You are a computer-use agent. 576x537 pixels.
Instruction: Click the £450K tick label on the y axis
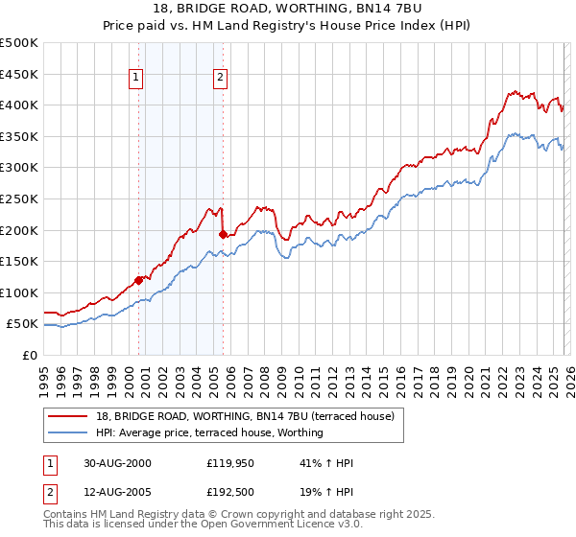click(x=19, y=74)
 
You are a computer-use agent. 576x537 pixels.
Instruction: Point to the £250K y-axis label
click(x=19, y=198)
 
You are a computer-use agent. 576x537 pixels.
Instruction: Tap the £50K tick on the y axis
click(x=23, y=324)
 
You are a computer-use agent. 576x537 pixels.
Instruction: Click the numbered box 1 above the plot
click(x=137, y=79)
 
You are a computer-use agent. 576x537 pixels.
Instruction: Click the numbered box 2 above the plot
click(x=221, y=79)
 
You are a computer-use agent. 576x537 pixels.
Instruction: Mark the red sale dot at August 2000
click(x=138, y=280)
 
